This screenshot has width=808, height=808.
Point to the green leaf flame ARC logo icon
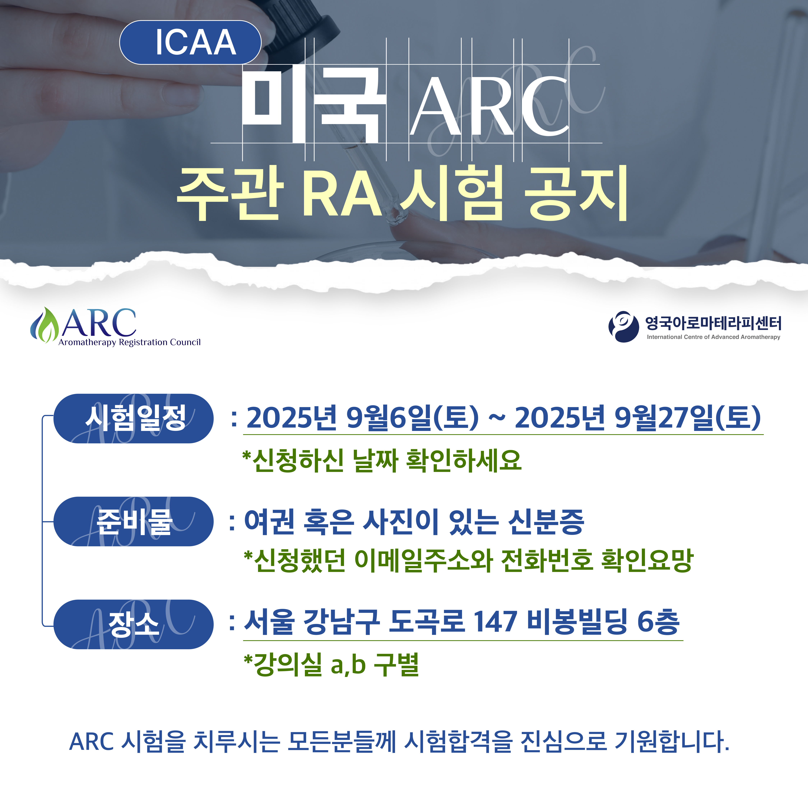[44, 325]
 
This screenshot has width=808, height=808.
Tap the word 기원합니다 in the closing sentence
[672, 741]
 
